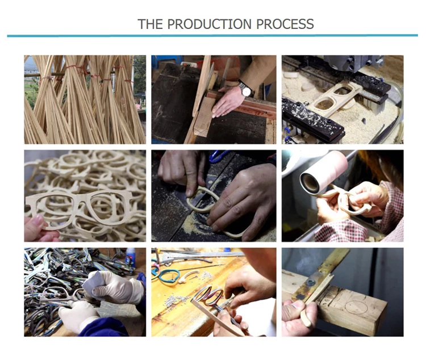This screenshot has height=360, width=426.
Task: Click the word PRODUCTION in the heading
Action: coord(209,24)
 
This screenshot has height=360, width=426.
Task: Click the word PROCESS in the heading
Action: coord(285,24)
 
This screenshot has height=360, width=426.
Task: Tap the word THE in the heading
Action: coord(151,24)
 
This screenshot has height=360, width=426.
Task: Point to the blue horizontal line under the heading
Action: coord(212,36)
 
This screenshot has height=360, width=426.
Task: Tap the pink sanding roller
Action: coord(324,173)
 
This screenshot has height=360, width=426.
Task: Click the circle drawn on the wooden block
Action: coord(356,308)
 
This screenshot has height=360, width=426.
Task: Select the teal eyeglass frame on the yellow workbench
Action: coord(165,276)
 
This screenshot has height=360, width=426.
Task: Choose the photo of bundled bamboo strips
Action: coord(85,100)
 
